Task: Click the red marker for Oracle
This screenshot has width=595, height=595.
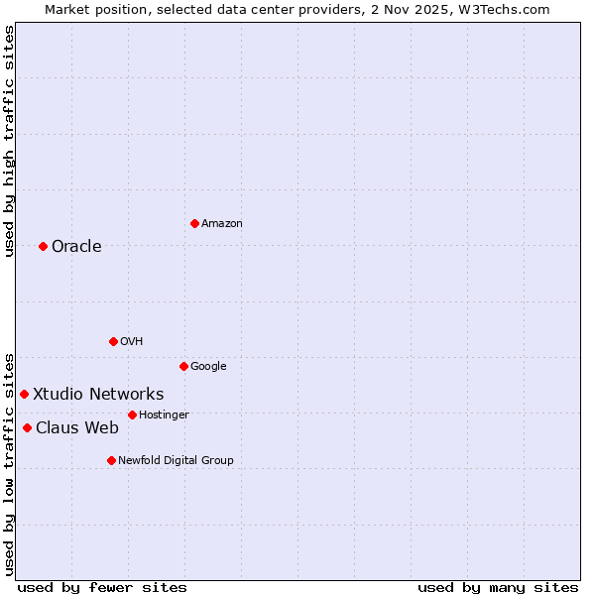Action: (43, 246)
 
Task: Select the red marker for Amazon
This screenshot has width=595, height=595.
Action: (194, 223)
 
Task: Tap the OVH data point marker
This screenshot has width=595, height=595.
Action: (113, 341)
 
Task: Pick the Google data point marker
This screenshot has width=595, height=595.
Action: (183, 366)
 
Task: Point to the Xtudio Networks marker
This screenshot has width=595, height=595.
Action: (24, 394)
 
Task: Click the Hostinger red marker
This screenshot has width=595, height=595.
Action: (132, 415)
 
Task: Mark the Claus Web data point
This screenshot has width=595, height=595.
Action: (27, 427)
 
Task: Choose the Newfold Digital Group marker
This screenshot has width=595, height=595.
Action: (111, 460)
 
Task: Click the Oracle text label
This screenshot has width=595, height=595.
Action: (76, 246)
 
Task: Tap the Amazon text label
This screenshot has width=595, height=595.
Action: (222, 223)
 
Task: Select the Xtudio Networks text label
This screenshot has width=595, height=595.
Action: (98, 394)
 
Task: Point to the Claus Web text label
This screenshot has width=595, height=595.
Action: (77, 427)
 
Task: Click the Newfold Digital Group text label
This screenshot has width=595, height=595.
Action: (177, 460)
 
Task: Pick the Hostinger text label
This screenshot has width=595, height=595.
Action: (164, 415)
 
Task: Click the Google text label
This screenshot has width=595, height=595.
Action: (208, 366)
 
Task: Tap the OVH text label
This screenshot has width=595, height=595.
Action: (132, 341)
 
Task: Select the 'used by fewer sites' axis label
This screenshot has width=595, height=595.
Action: (102, 587)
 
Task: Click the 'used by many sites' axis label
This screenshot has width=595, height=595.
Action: (498, 587)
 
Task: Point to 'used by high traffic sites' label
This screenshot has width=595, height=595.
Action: (9, 141)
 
